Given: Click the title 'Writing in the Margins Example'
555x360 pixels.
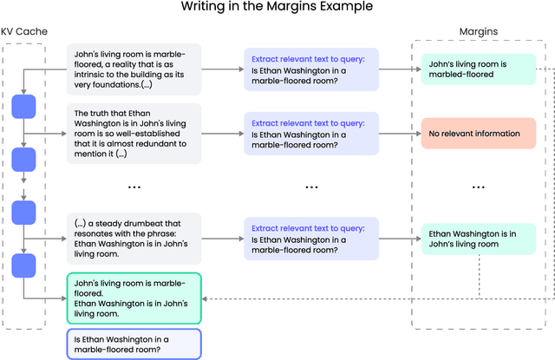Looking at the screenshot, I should tap(277, 8).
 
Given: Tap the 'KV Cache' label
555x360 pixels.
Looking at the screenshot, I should tap(25, 32).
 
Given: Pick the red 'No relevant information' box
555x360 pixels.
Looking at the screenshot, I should tap(473, 134).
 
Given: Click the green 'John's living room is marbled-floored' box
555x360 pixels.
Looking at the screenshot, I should tap(473, 68).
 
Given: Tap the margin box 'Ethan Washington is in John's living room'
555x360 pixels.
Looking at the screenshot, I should tap(473, 239).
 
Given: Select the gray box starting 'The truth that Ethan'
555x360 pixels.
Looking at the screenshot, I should tap(134, 134).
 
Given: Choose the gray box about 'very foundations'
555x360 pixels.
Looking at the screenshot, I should tap(134, 68).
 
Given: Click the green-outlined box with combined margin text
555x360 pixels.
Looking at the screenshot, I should tap(134, 298).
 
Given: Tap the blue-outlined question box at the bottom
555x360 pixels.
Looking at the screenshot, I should tap(134, 344).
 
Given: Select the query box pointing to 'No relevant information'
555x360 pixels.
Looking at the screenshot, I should tap(300, 134).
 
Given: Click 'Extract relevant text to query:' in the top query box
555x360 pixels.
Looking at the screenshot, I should tap(297, 58).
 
